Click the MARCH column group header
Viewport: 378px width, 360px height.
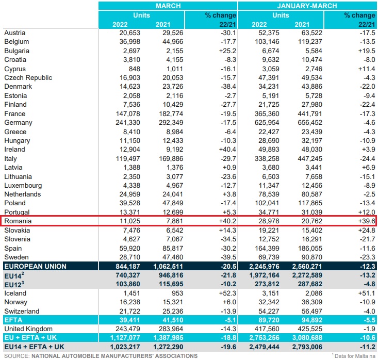click(168, 6)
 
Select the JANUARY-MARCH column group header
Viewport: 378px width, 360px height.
click(307, 6)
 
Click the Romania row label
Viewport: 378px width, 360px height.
click(18, 221)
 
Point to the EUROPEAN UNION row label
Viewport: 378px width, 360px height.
click(35, 266)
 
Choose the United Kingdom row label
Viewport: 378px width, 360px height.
click(28, 329)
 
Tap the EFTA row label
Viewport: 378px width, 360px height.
click(13, 320)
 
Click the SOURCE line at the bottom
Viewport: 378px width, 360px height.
click(101, 356)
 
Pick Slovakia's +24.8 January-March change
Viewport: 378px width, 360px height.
click(365, 230)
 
